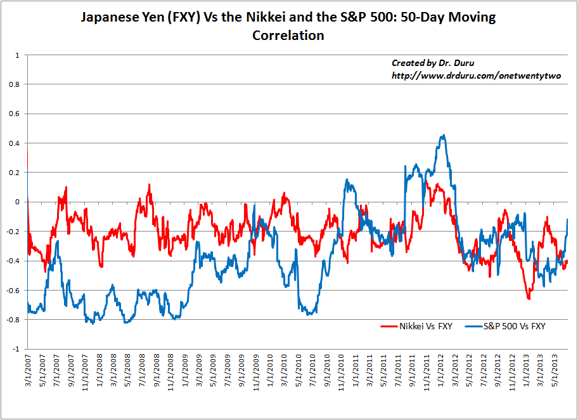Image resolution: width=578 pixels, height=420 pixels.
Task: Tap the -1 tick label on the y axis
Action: tap(18, 349)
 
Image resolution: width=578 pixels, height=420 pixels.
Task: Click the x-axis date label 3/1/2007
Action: tap(29, 371)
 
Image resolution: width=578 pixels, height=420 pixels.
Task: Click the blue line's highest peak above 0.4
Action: tap(443, 135)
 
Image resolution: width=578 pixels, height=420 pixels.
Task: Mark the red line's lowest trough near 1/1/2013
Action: tap(529, 298)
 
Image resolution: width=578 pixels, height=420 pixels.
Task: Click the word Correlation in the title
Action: tap(288, 36)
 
